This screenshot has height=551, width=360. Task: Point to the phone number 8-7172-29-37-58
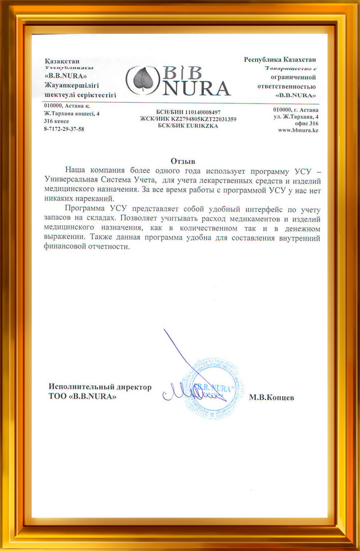tap(64, 129)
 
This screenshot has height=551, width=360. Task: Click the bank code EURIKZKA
tap(202, 126)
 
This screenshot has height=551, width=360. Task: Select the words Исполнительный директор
tap(99, 387)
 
